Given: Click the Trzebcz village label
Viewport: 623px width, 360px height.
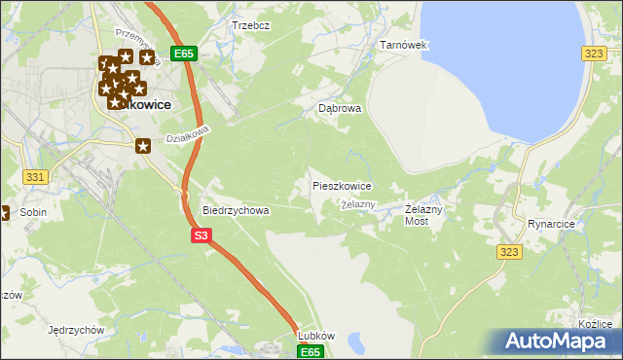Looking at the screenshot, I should [x=250, y=25].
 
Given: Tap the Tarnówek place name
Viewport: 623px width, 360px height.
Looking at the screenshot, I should [x=403, y=45].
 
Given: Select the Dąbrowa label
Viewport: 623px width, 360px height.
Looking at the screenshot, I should [x=340, y=109].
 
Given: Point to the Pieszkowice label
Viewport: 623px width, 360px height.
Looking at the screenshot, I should [x=341, y=185].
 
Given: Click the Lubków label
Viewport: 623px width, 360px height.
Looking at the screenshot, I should [x=316, y=336].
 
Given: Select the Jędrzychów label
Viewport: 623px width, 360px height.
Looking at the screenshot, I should [x=75, y=330].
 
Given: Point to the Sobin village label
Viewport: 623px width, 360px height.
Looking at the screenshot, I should [x=33, y=212].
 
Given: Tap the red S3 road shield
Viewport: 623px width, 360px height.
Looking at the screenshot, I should [x=201, y=235].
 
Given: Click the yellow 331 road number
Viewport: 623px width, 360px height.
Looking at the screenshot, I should [x=35, y=176].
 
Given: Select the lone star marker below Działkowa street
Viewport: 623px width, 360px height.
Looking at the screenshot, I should [x=143, y=147].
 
